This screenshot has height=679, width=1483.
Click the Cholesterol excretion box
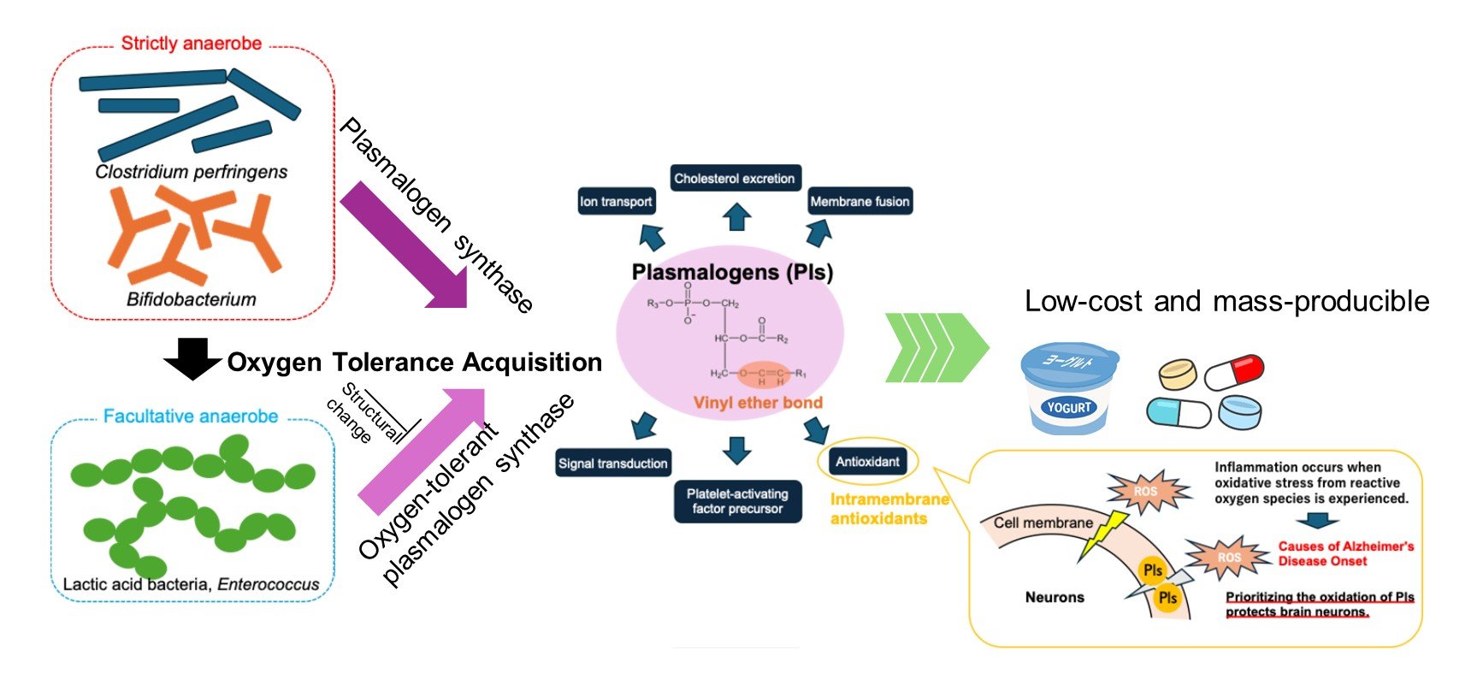tap(735, 178)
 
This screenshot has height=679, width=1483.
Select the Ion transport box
tap(616, 202)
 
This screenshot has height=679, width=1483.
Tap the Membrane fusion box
tap(860, 202)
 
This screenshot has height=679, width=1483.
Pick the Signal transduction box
tap(612, 463)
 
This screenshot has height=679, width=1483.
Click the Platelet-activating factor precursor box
tap(737, 501)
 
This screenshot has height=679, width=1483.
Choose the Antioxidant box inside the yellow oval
tap(867, 462)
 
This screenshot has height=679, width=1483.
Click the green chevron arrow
tap(936, 348)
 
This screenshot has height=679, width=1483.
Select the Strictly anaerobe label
tap(192, 44)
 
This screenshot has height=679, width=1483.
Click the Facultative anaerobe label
tap(191, 416)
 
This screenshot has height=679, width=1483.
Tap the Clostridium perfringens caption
tap(192, 172)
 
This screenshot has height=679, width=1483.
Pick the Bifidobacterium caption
tap(192, 299)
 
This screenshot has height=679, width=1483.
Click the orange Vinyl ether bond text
tap(758, 403)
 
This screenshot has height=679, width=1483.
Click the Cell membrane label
tap(1043, 523)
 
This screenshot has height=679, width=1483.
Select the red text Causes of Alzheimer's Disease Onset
tap(1345, 553)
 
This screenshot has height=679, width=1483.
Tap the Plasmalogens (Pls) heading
tap(732, 272)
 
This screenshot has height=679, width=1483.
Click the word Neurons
tap(1055, 597)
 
